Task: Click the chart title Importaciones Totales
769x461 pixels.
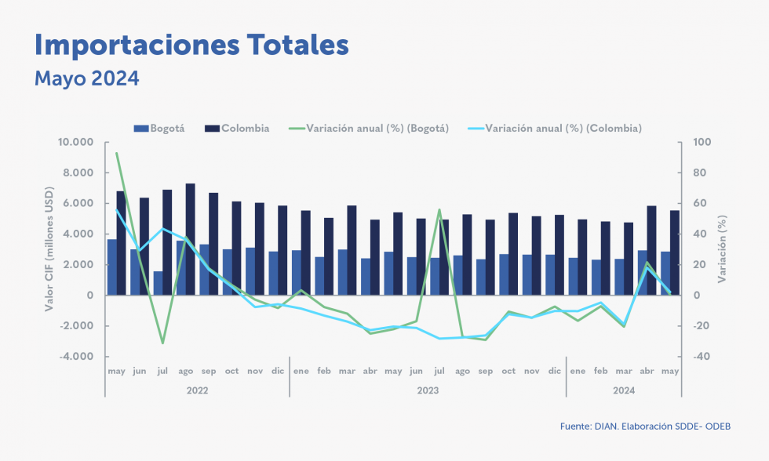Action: pos(191,45)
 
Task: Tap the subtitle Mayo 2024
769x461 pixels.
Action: pos(86,79)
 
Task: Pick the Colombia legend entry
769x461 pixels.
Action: pos(237,129)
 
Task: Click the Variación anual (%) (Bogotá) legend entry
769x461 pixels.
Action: pos(369,129)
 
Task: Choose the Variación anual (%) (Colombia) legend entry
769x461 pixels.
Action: pos(554,129)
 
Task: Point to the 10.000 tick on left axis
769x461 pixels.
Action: pos(75,143)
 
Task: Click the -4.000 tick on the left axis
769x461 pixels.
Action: pos(77,357)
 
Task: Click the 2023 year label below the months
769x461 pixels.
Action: pos(428,390)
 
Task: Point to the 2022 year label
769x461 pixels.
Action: pos(197,390)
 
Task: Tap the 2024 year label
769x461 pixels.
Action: pos(624,390)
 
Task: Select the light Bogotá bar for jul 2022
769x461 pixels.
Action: pos(158,283)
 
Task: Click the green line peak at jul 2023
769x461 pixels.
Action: pos(439,210)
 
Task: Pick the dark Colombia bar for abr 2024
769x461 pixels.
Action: pos(652,250)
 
